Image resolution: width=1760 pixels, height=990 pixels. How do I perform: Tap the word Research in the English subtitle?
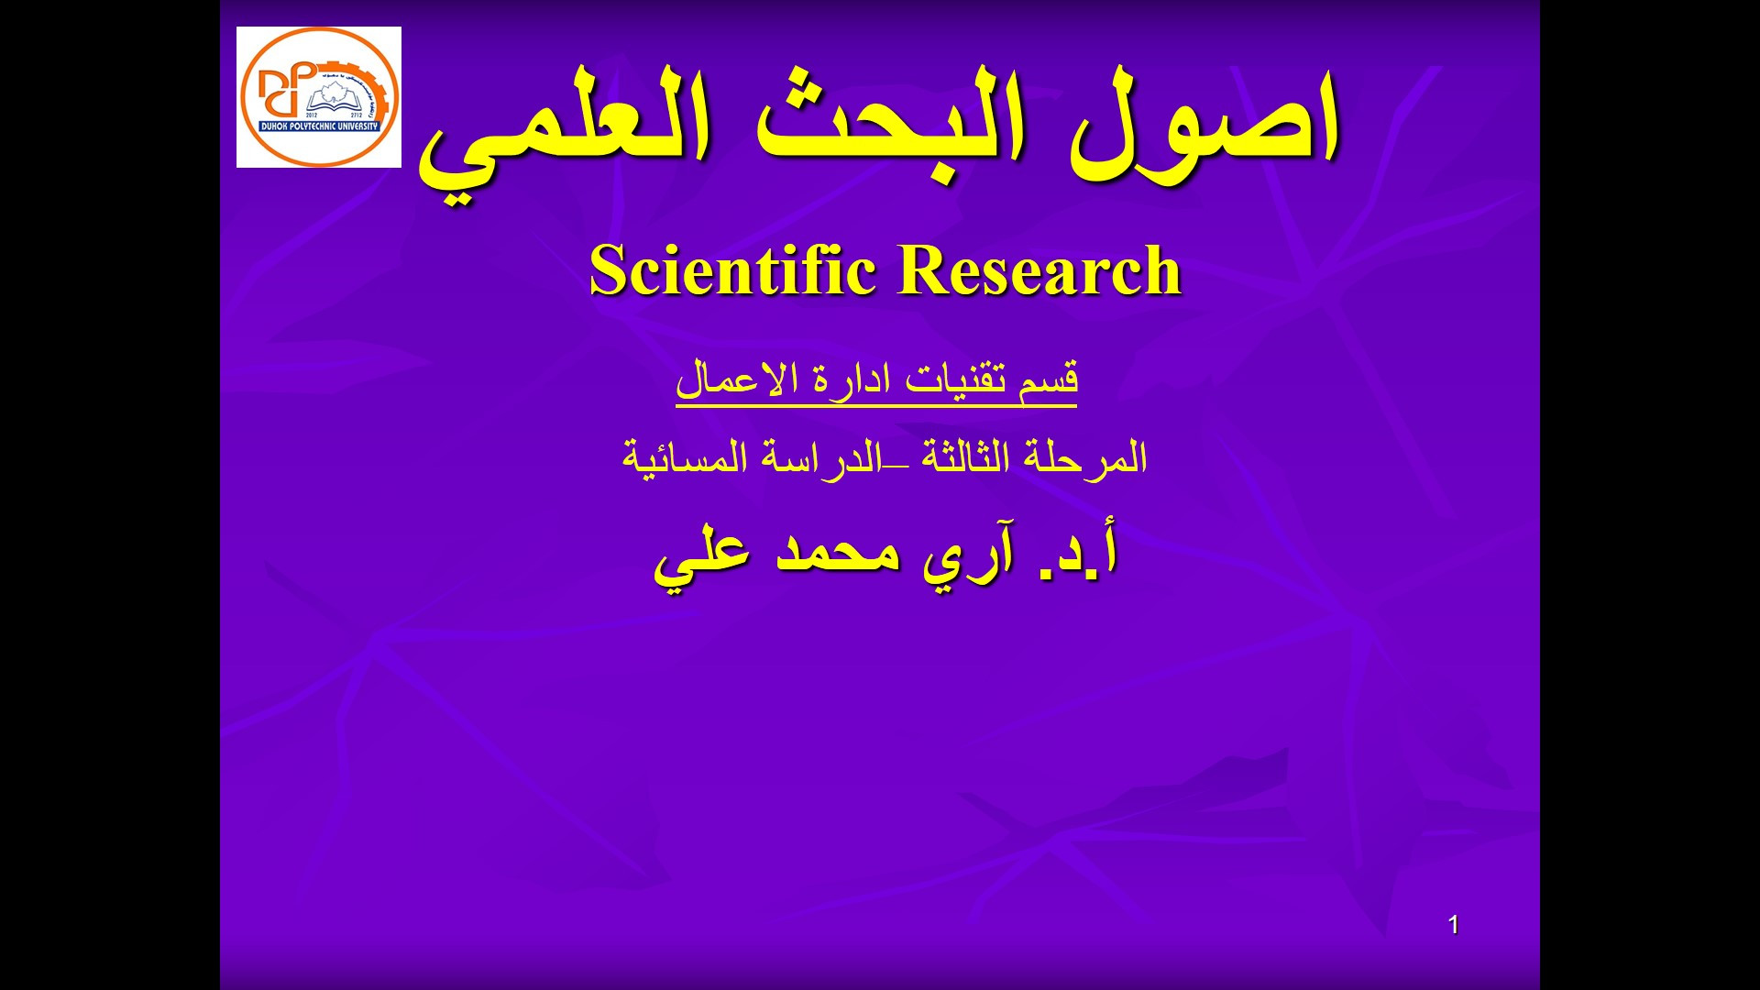click(x=1039, y=270)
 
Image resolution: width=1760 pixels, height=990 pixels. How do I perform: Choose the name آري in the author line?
click(x=968, y=555)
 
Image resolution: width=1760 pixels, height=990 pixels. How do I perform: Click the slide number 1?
click(x=1453, y=926)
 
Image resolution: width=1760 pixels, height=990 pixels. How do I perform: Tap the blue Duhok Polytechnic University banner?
click(x=319, y=126)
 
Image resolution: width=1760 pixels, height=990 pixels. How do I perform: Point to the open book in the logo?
click(x=330, y=102)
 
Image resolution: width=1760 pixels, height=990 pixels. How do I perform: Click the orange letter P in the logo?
click(x=302, y=79)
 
